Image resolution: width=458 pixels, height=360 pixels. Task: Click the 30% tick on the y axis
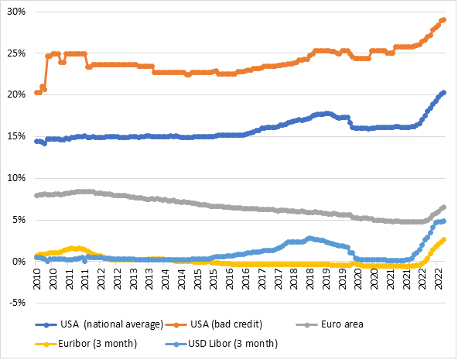pos(15,12)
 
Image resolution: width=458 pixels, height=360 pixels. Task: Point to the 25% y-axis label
pos(15,54)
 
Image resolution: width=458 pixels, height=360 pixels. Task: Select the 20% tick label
pos(15,95)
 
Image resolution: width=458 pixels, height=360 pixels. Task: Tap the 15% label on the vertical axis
pos(15,137)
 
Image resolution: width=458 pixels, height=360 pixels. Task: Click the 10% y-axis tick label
pos(15,178)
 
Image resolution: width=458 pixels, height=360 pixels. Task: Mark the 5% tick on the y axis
pos(18,220)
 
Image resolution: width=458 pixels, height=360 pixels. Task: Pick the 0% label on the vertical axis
pos(18,262)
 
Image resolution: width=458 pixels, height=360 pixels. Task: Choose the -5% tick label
pos(16,303)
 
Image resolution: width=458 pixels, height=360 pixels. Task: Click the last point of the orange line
pos(443,20)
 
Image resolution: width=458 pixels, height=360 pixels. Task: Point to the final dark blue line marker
pos(443,93)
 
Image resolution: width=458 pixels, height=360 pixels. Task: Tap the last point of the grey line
pos(443,207)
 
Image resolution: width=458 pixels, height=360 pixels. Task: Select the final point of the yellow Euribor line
pos(443,239)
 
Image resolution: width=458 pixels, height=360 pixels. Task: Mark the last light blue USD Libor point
pos(443,221)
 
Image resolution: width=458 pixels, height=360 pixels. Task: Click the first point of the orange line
pos(36,93)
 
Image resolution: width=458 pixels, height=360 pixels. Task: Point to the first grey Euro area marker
pos(36,195)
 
